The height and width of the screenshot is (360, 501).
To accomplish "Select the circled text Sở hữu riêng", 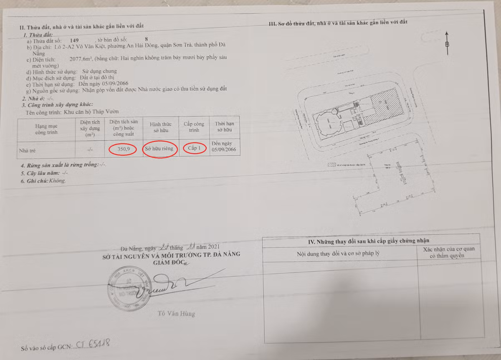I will pyautogui.click(x=160, y=149).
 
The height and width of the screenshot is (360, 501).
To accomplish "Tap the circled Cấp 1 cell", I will pyautogui.click(x=194, y=149).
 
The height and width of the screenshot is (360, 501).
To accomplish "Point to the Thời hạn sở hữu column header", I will pyautogui.click(x=225, y=128).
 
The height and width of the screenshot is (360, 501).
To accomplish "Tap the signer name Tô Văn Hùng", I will pyautogui.click(x=176, y=313).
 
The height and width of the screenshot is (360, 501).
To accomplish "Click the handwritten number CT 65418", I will pyautogui.click(x=91, y=345).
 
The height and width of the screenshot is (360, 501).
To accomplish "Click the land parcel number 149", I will pyautogui.click(x=75, y=41).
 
